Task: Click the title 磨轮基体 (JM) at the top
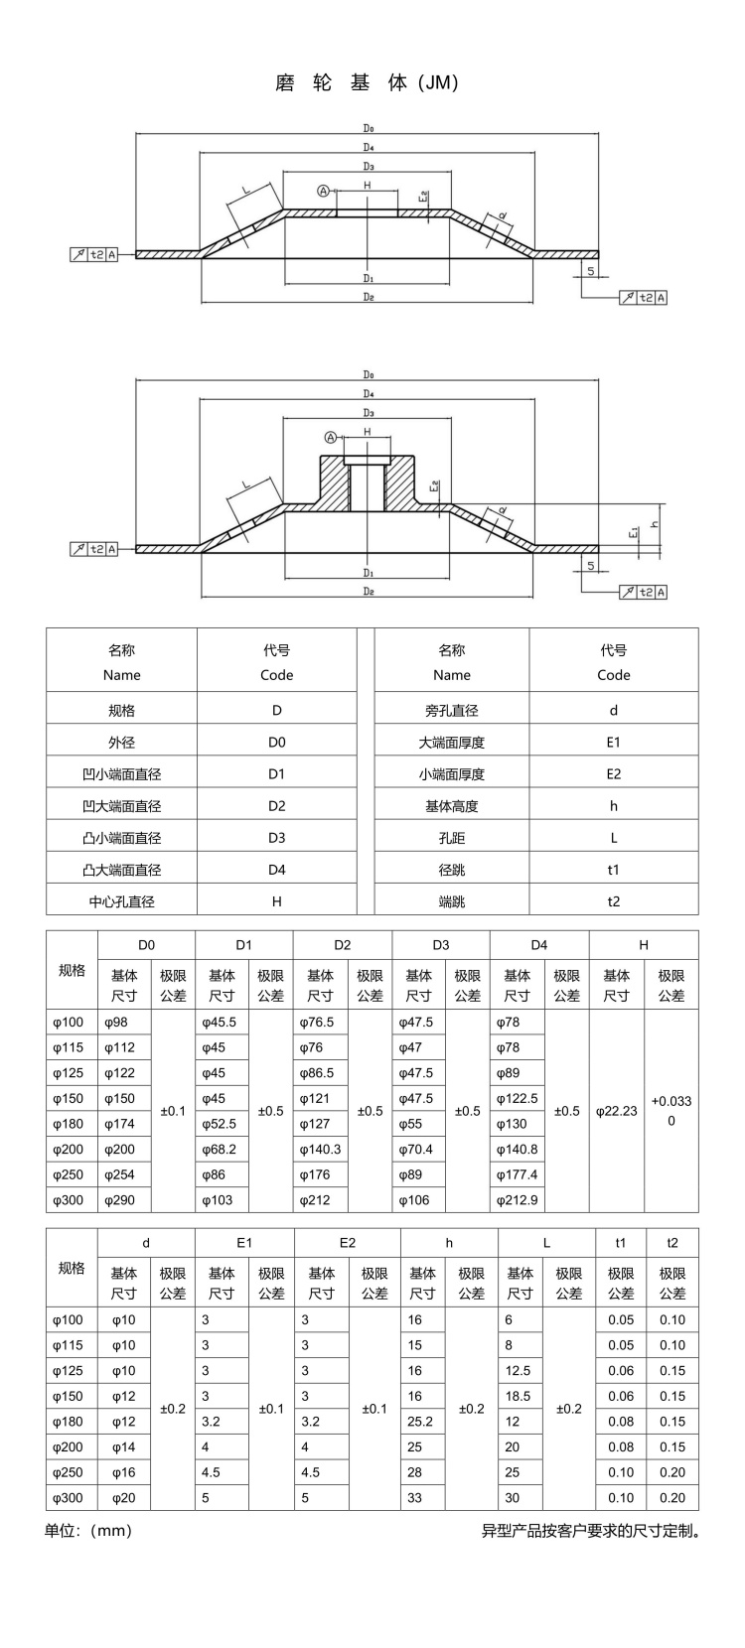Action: coord(367,83)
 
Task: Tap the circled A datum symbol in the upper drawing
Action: coord(323,191)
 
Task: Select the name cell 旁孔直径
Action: coord(451,710)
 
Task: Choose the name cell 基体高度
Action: coord(451,805)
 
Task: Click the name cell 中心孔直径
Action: coord(121,901)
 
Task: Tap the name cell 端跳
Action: coord(451,901)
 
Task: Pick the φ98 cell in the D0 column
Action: coord(115,1023)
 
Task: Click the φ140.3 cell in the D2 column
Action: coord(321,1150)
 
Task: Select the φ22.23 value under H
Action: coord(616,1111)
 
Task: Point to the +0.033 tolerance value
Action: coord(671,1101)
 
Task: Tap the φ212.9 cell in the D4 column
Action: coord(517,1200)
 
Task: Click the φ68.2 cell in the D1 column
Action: coord(221,1150)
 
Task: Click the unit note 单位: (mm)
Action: coord(88,1531)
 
